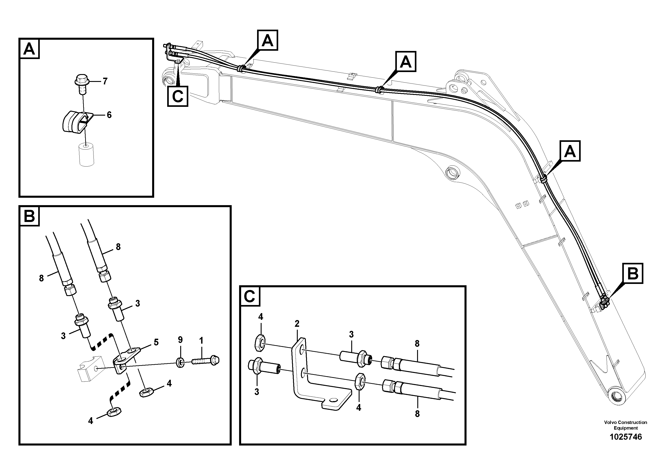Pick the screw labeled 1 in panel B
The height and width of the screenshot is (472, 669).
point(205,361)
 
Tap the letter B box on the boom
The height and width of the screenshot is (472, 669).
point(633,273)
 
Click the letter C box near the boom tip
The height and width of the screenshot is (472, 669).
point(178,96)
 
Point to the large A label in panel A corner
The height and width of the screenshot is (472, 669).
point(29,49)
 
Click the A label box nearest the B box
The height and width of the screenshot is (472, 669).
point(570,151)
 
